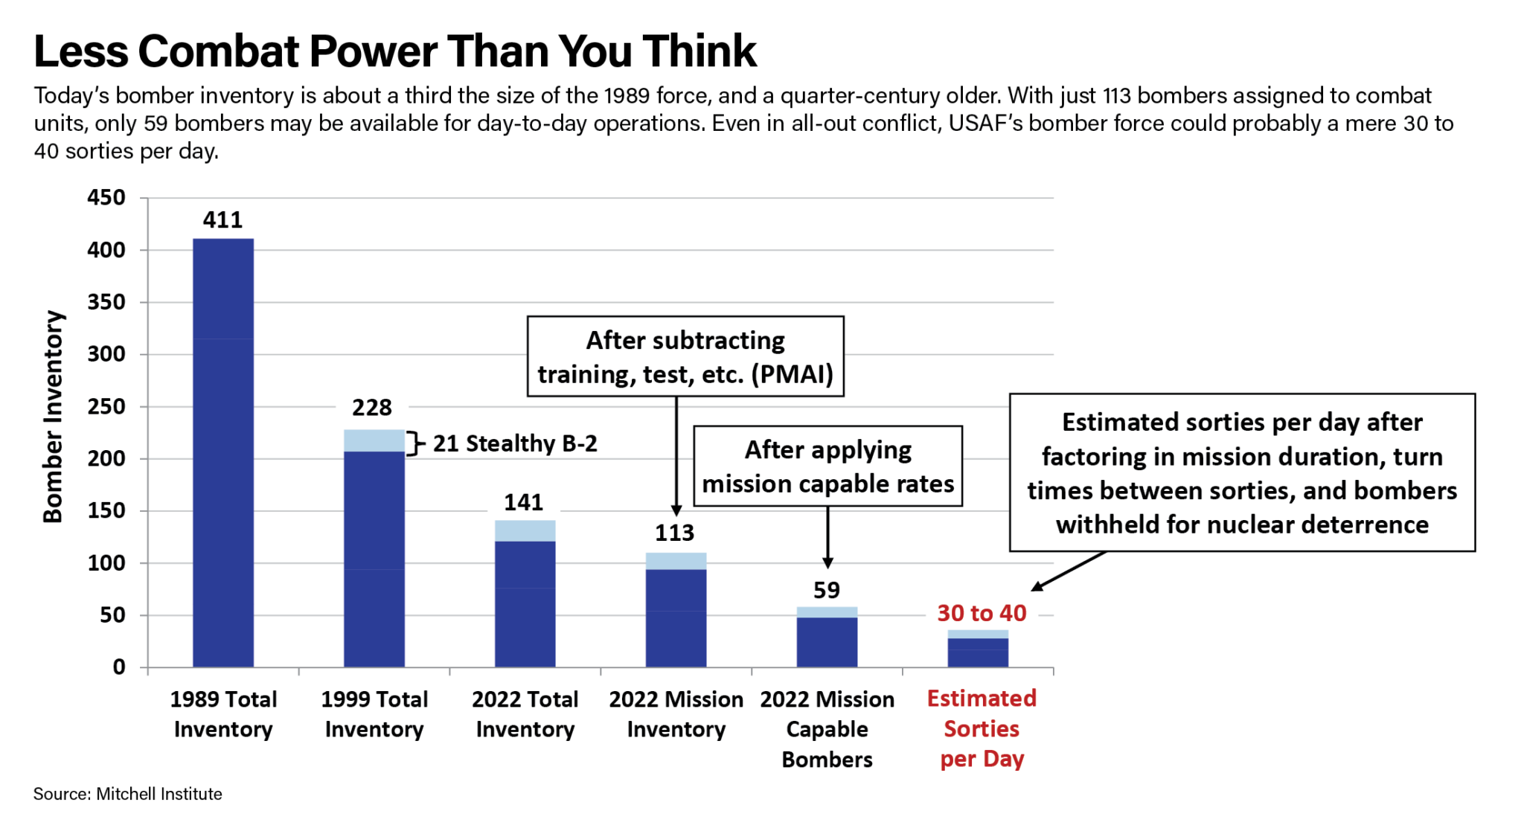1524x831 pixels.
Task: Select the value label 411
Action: click(222, 220)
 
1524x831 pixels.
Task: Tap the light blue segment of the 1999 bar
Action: click(374, 440)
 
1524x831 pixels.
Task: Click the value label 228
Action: click(372, 408)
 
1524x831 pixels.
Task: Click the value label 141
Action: click(523, 503)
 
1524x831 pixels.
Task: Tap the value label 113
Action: click(674, 533)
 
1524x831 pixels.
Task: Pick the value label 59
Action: click(827, 591)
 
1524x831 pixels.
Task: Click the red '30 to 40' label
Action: click(982, 614)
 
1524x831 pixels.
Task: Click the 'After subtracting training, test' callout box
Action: click(685, 356)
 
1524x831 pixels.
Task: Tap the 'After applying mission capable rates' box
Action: click(828, 466)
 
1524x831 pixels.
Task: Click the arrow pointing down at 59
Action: click(827, 537)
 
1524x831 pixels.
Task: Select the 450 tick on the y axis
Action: click(106, 198)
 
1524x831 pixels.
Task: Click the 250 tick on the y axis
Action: click(106, 407)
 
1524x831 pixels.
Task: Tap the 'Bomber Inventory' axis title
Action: click(53, 417)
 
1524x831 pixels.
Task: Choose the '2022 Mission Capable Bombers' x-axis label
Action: click(827, 729)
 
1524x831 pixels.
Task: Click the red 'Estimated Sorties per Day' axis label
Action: click(982, 729)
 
